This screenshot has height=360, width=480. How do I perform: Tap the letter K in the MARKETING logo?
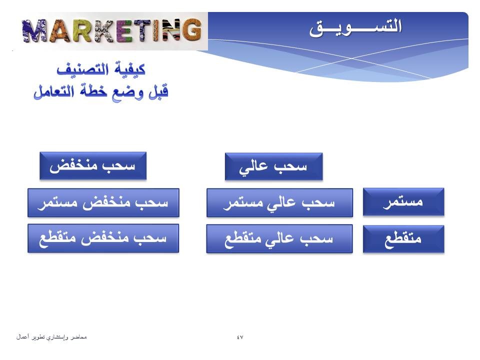(104, 31)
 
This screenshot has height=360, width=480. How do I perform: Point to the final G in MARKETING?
(190, 29)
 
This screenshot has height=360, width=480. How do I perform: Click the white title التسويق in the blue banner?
(355, 27)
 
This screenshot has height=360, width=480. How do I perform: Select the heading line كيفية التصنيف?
(101, 69)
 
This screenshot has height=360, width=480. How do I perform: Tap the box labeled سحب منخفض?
(93, 166)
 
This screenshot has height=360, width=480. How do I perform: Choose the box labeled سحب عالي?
(273, 166)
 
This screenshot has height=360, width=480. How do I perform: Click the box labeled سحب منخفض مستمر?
(103, 202)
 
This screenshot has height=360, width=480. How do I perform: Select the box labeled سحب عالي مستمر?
(280, 202)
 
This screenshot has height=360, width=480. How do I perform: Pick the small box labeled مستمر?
(403, 202)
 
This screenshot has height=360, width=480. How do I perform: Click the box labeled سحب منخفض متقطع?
(103, 238)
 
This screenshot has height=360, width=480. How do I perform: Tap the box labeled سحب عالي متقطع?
(279, 239)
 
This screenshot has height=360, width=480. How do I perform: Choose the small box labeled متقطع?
(403, 239)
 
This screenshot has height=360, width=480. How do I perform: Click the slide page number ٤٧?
(240, 337)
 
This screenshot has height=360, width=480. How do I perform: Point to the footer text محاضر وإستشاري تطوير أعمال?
(51, 337)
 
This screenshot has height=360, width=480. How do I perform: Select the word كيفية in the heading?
(130, 69)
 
